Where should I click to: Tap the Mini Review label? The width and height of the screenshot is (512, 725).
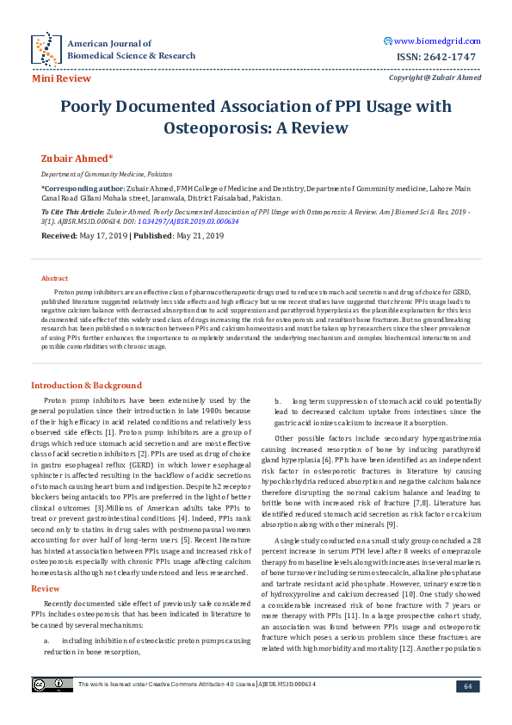[x=61, y=78]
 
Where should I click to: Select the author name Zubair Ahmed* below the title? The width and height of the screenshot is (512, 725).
[x=77, y=158]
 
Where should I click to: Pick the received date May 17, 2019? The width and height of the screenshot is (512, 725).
[x=103, y=234]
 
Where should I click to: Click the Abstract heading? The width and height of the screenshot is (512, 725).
[x=54, y=278]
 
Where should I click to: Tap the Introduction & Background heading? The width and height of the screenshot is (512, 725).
[x=86, y=385]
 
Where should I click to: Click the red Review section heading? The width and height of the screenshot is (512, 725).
[x=46, y=564]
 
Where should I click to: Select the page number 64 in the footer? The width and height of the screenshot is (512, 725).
[x=468, y=685]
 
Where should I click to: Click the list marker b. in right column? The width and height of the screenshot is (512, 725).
[x=278, y=401]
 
